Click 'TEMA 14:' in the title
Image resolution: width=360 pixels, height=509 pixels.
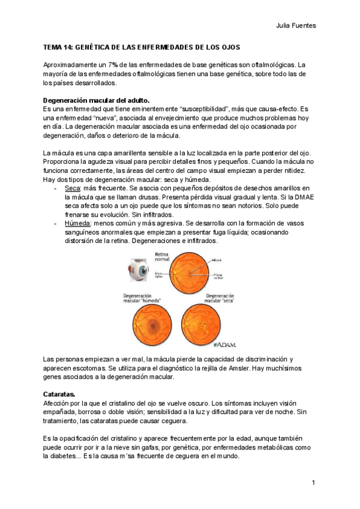[59, 46]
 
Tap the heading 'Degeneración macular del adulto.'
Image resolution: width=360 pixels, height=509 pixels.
[97, 100]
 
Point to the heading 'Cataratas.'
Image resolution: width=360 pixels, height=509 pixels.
[59, 394]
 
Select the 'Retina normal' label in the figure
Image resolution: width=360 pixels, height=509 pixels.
[163, 257]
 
